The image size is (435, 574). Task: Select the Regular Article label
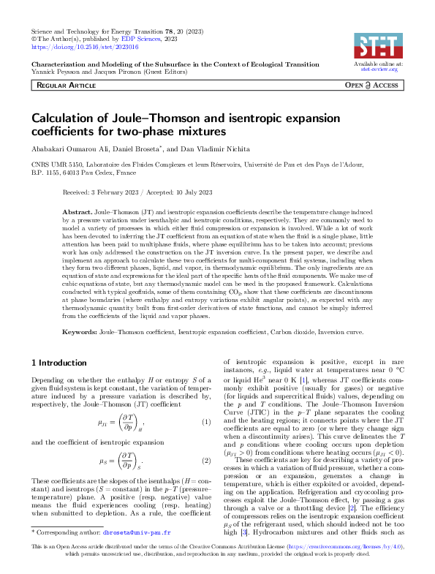click(68, 86)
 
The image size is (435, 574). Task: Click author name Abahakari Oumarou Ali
click(69, 148)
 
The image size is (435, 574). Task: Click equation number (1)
click(205, 422)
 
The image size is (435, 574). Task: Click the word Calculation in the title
click(67, 119)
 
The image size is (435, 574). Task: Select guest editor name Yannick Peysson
click(55, 72)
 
